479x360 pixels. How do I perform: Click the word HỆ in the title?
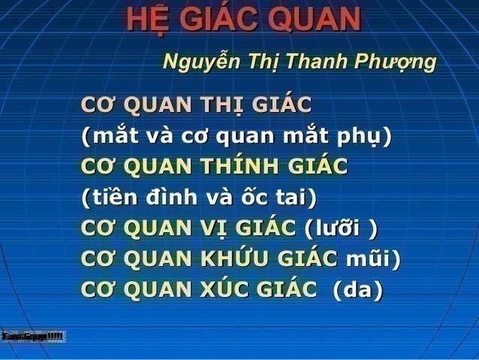(x=146, y=20)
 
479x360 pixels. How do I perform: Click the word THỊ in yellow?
(x=226, y=104)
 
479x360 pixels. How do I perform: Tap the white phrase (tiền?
(x=113, y=197)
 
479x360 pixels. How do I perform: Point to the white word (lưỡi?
(x=333, y=228)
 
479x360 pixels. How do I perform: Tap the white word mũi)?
(x=373, y=258)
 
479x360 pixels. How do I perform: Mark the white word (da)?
(x=357, y=289)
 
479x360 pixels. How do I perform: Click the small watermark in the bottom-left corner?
(x=32, y=336)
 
